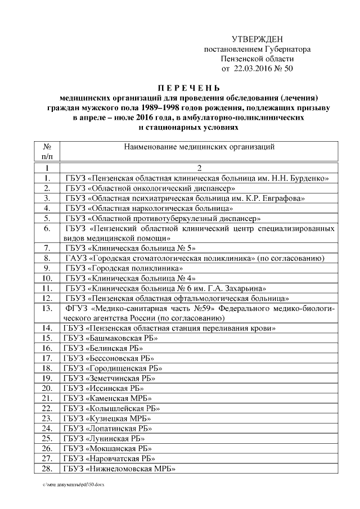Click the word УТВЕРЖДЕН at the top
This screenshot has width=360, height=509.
(257, 39)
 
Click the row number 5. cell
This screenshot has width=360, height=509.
(48, 218)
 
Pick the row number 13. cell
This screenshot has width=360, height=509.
(48, 308)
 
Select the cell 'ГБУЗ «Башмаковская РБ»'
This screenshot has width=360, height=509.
(110, 338)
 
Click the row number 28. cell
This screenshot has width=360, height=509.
(48, 469)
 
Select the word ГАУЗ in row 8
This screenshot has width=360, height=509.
(75, 258)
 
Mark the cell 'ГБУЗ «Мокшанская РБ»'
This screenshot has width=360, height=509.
(107, 448)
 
